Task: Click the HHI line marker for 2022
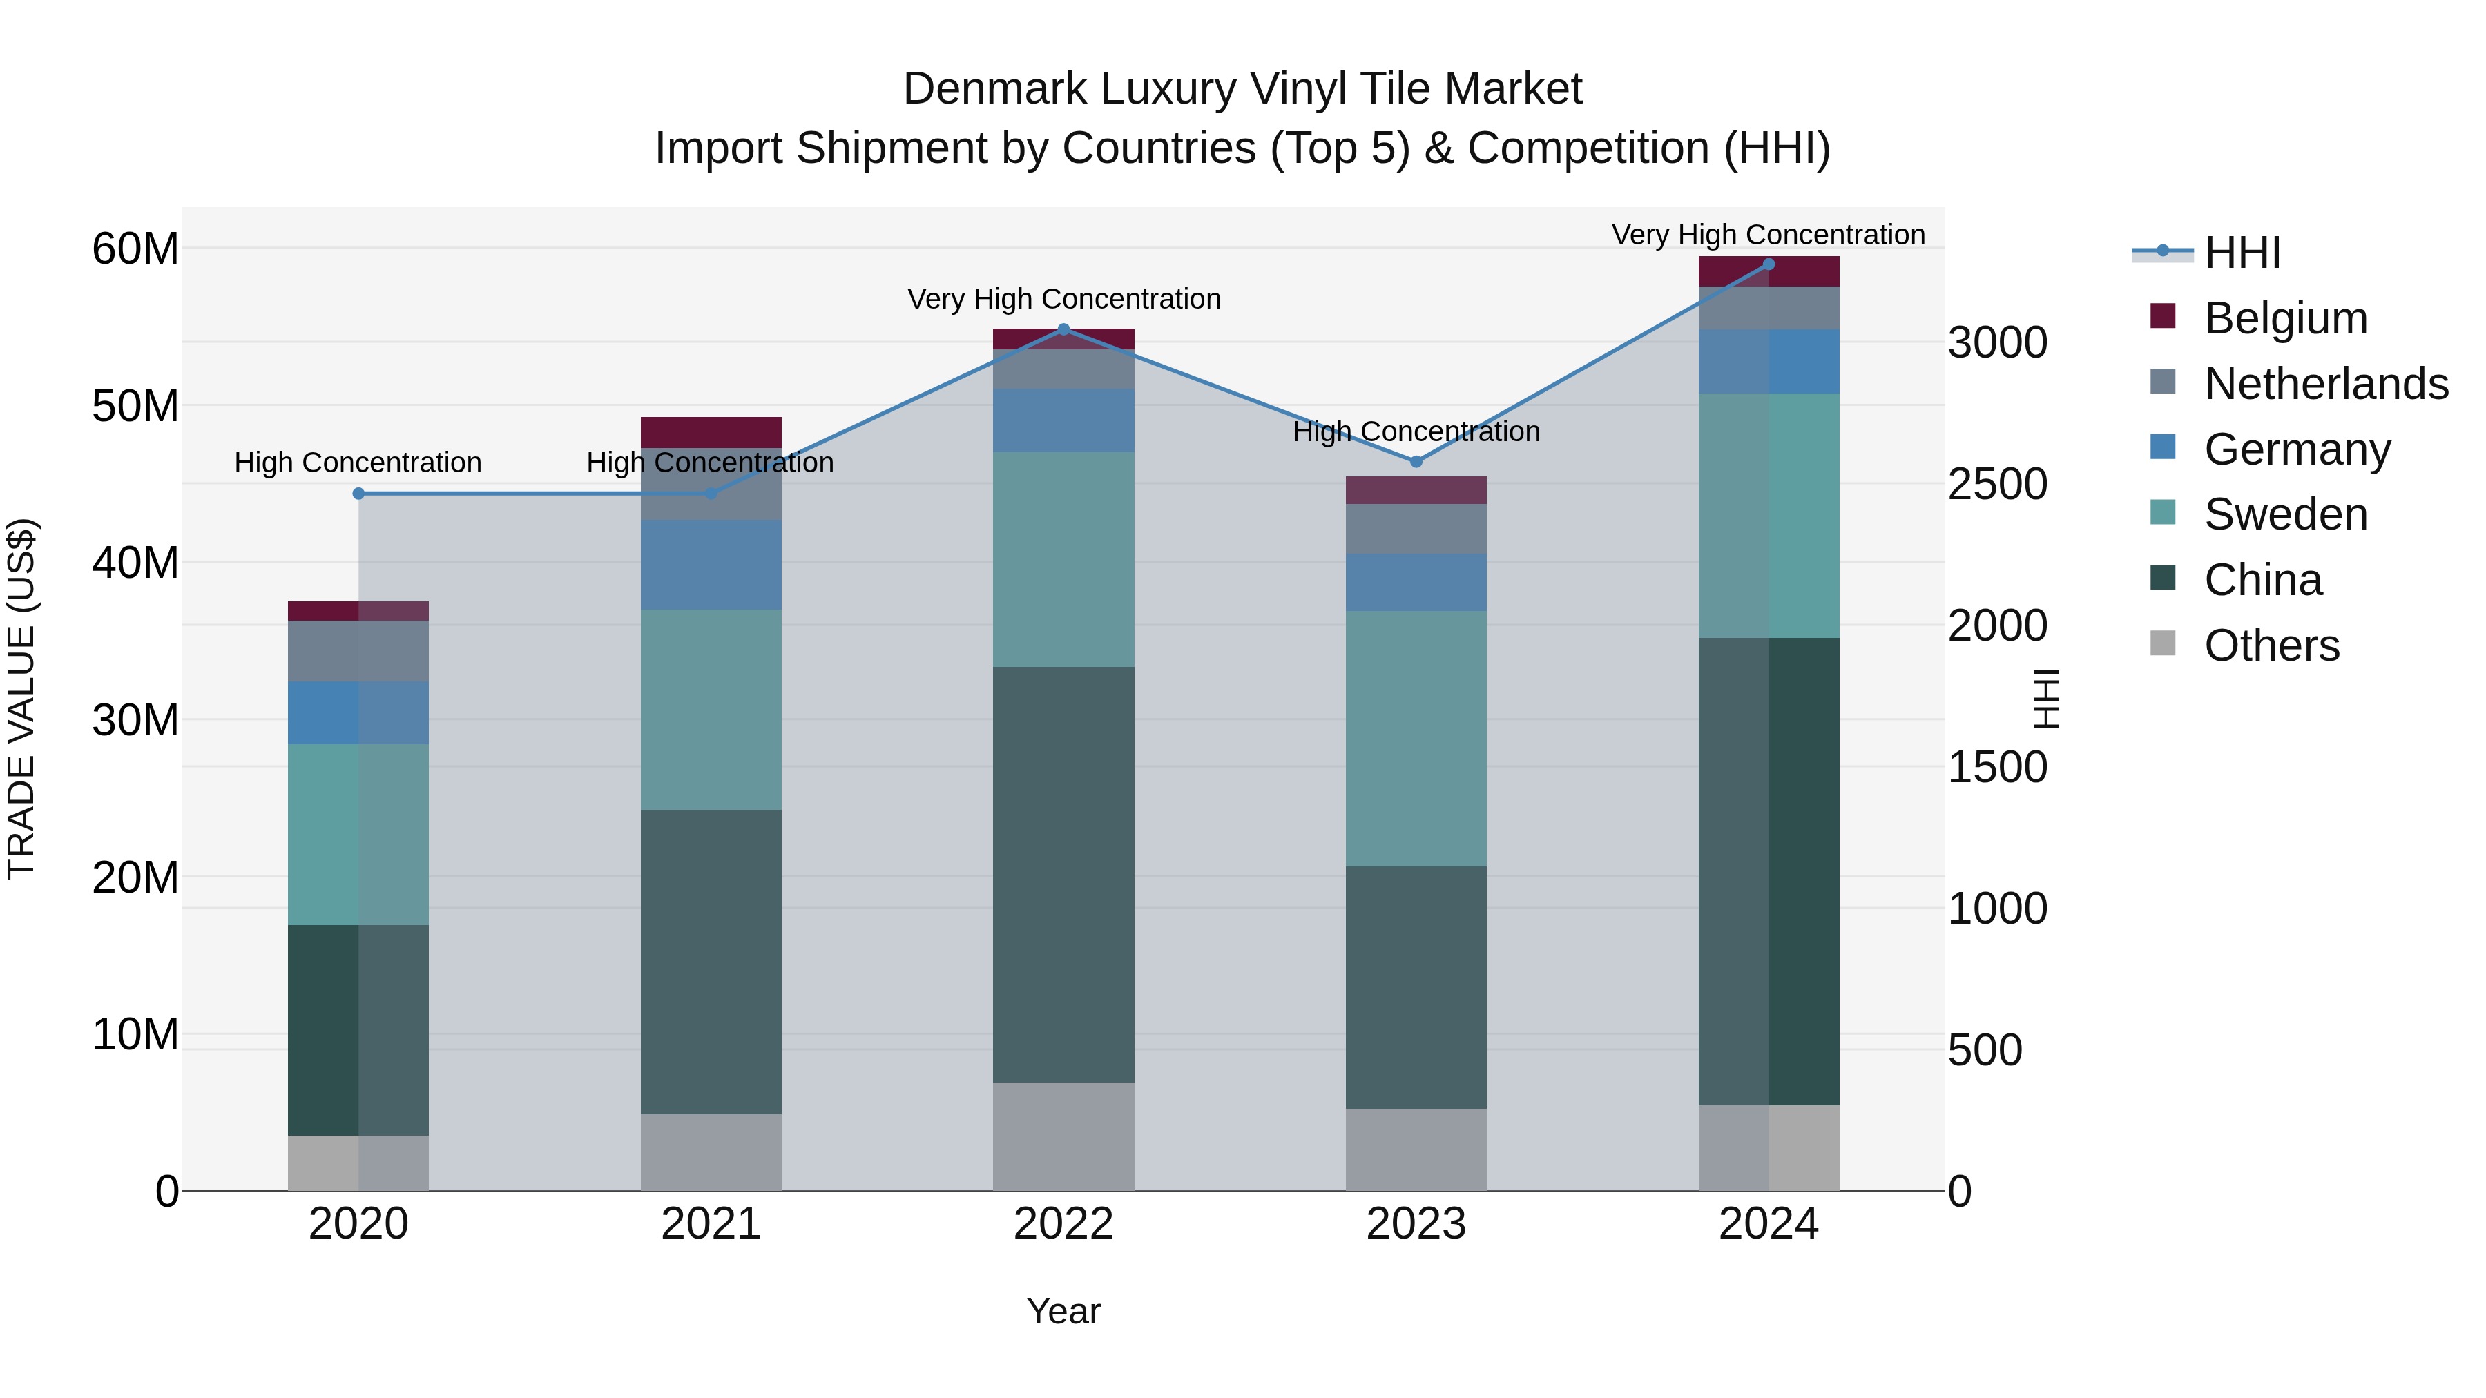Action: pos(1063,329)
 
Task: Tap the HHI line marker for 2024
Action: pos(1768,264)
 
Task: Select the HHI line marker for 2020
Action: pos(358,493)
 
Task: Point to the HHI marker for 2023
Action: pos(1416,462)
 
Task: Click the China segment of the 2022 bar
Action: pos(1063,873)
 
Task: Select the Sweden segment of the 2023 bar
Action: pos(1416,738)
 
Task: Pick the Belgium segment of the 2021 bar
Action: pos(711,432)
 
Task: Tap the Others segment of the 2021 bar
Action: pos(711,1152)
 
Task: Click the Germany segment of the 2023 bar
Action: pos(1416,582)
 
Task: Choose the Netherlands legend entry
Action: pos(2326,384)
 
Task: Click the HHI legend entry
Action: pos(2242,253)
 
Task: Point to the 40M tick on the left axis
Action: pos(135,563)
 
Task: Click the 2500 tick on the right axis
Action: pos(1996,485)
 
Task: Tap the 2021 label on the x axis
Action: pos(711,1224)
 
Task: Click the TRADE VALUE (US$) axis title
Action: pos(22,699)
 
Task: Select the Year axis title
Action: pos(1063,1311)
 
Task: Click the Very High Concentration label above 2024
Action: pos(1768,235)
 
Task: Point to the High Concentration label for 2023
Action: pos(1416,431)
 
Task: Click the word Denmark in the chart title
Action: pos(994,89)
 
